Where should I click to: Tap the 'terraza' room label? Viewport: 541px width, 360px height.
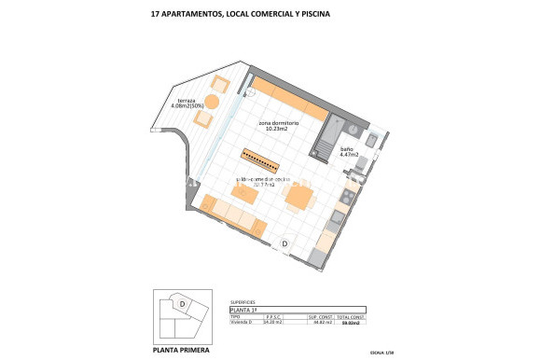[187, 100]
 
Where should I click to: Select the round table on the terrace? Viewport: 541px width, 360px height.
[212, 101]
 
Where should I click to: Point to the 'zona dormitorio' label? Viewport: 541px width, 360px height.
[278, 123]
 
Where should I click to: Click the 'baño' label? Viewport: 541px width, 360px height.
[346, 149]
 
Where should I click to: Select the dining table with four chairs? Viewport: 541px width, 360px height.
[299, 197]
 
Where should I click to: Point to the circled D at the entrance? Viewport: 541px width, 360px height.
[284, 244]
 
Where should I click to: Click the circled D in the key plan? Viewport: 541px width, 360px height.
[183, 303]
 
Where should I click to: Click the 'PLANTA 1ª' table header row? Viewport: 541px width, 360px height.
[297, 310]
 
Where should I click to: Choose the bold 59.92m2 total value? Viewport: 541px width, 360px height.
[351, 323]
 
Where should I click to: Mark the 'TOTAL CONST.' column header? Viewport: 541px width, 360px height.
[351, 316]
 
